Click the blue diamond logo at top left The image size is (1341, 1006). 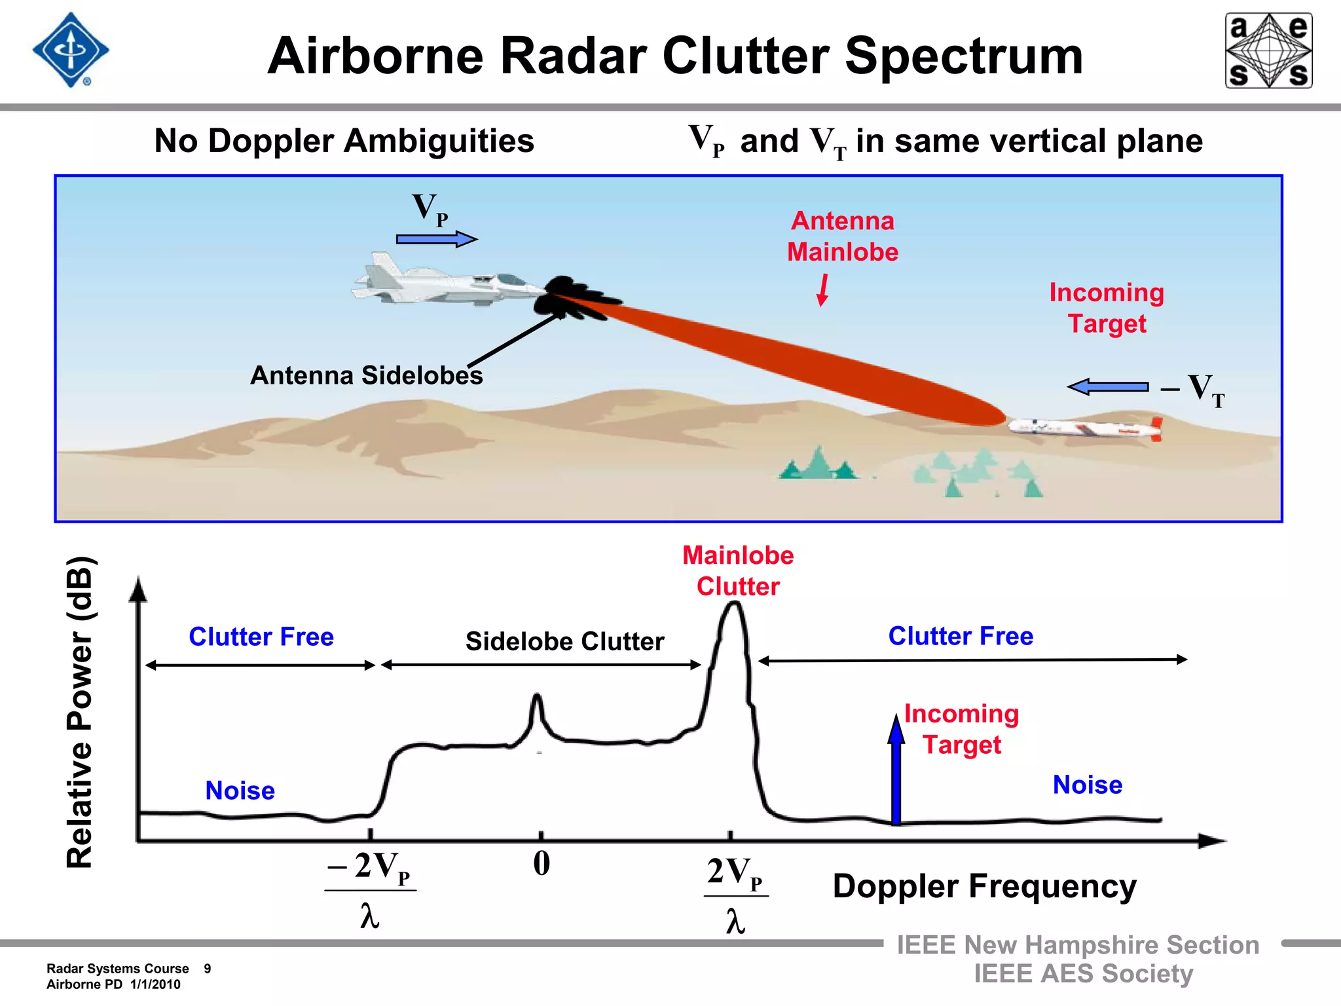[x=71, y=50]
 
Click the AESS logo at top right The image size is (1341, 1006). [x=1268, y=50]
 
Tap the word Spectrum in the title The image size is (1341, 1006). [x=964, y=56]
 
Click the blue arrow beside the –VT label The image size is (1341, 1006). [x=1108, y=387]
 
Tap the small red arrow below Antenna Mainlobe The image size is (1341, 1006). [x=822, y=290]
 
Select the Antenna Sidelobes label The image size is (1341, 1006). [x=367, y=375]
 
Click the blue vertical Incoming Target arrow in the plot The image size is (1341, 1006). [x=896, y=770]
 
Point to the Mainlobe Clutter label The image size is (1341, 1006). [x=738, y=570]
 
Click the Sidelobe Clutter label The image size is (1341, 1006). [x=564, y=641]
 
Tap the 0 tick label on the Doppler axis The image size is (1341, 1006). [x=542, y=863]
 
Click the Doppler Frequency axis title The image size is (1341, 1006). [x=984, y=886]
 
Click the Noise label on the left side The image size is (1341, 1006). [x=240, y=791]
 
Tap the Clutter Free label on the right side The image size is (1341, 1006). [x=961, y=636]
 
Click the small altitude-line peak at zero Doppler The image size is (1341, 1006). [x=537, y=707]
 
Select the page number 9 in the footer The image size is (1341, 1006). [x=207, y=969]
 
